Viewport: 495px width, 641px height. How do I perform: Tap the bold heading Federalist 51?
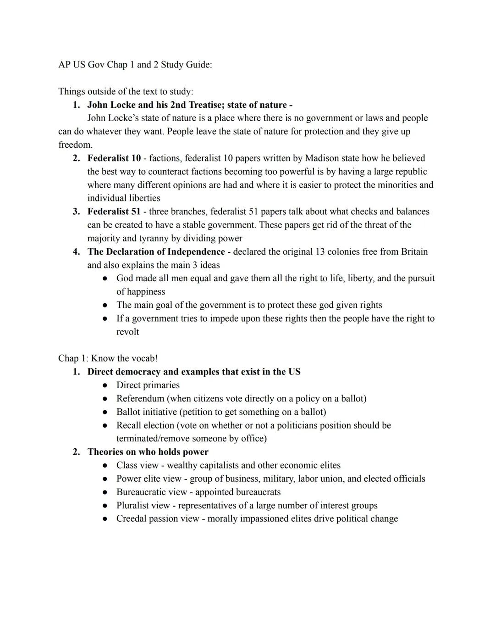(114, 212)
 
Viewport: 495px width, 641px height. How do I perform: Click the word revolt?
(127, 332)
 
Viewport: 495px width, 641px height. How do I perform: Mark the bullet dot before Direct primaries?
(105, 385)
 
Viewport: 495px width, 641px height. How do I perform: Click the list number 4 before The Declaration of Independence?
(76, 251)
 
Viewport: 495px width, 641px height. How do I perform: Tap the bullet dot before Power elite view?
(105, 479)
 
